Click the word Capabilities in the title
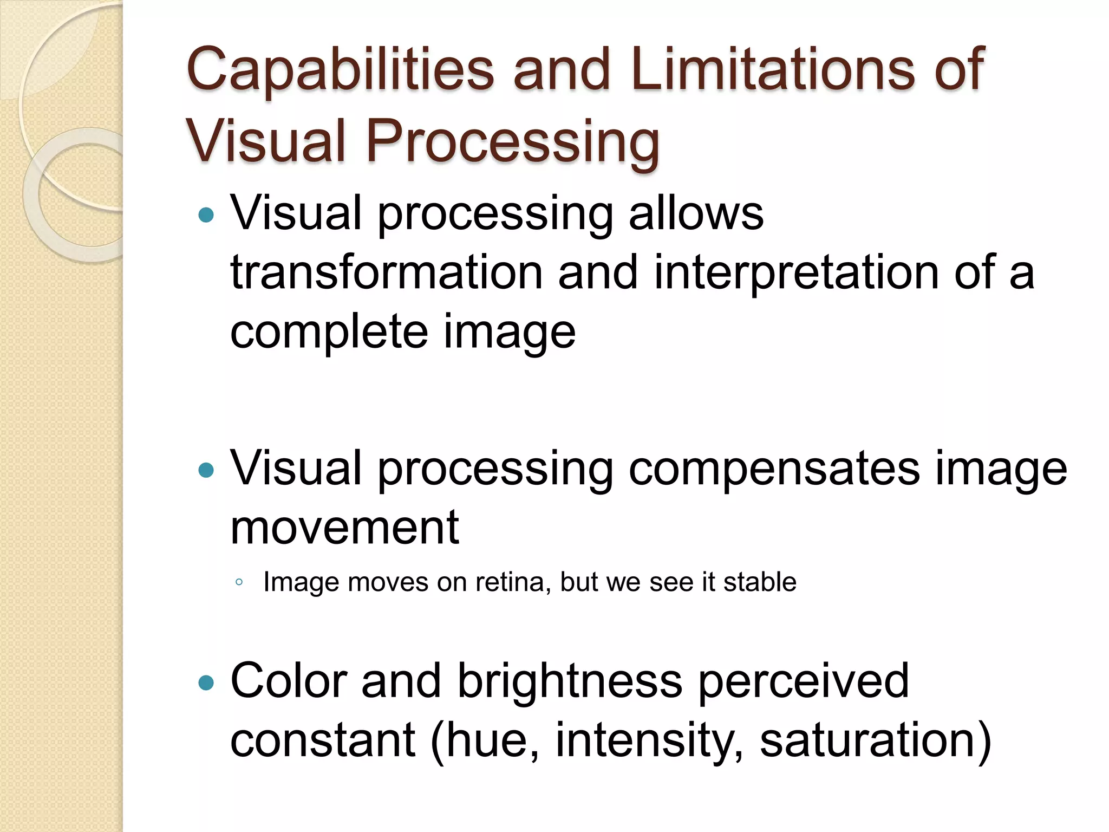point(340,70)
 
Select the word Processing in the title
point(513,142)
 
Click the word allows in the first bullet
point(696,213)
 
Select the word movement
point(345,528)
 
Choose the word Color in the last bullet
point(289,681)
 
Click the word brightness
point(570,681)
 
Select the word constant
point(323,741)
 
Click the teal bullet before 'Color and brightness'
point(206,683)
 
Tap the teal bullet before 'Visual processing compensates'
point(206,470)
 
